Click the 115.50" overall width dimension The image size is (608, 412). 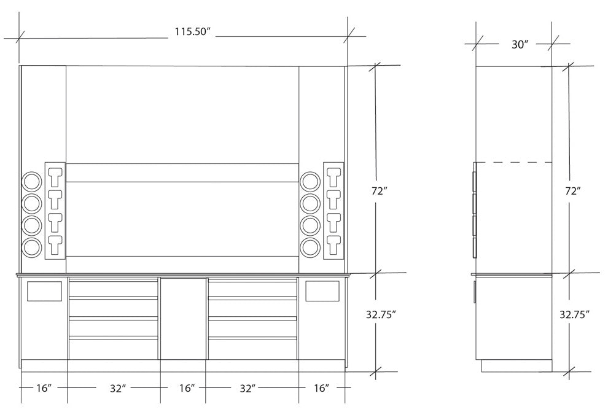(192, 32)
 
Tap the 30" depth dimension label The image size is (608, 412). (520, 45)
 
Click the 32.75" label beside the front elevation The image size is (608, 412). (381, 314)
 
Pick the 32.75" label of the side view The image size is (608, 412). (574, 314)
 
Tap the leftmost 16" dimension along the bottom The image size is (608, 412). (44, 388)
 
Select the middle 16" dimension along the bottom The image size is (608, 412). (187, 388)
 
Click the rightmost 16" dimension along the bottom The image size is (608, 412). (321, 388)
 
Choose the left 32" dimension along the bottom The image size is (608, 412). (118, 388)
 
